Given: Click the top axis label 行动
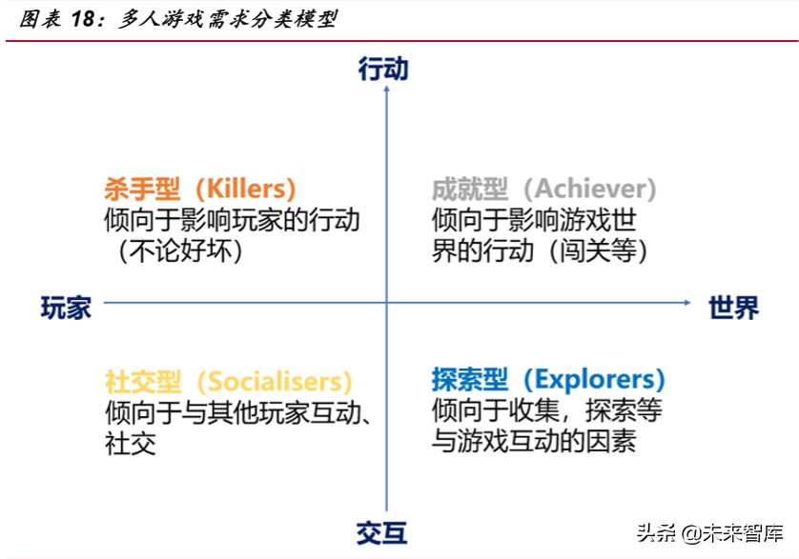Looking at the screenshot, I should tap(383, 69).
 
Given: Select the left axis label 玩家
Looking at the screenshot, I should tap(67, 308).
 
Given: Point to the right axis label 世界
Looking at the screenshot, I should tap(734, 308).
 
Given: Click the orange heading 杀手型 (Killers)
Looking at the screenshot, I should tap(200, 189).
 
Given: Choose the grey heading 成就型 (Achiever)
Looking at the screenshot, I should tap(543, 189).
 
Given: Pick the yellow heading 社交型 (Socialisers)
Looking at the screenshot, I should tap(229, 382).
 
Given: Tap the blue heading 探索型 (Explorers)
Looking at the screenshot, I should tap(547, 380).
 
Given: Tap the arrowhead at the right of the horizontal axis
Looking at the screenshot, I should tap(687, 303).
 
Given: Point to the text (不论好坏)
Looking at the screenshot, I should tap(176, 251).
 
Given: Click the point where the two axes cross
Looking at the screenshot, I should tap(386, 303).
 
